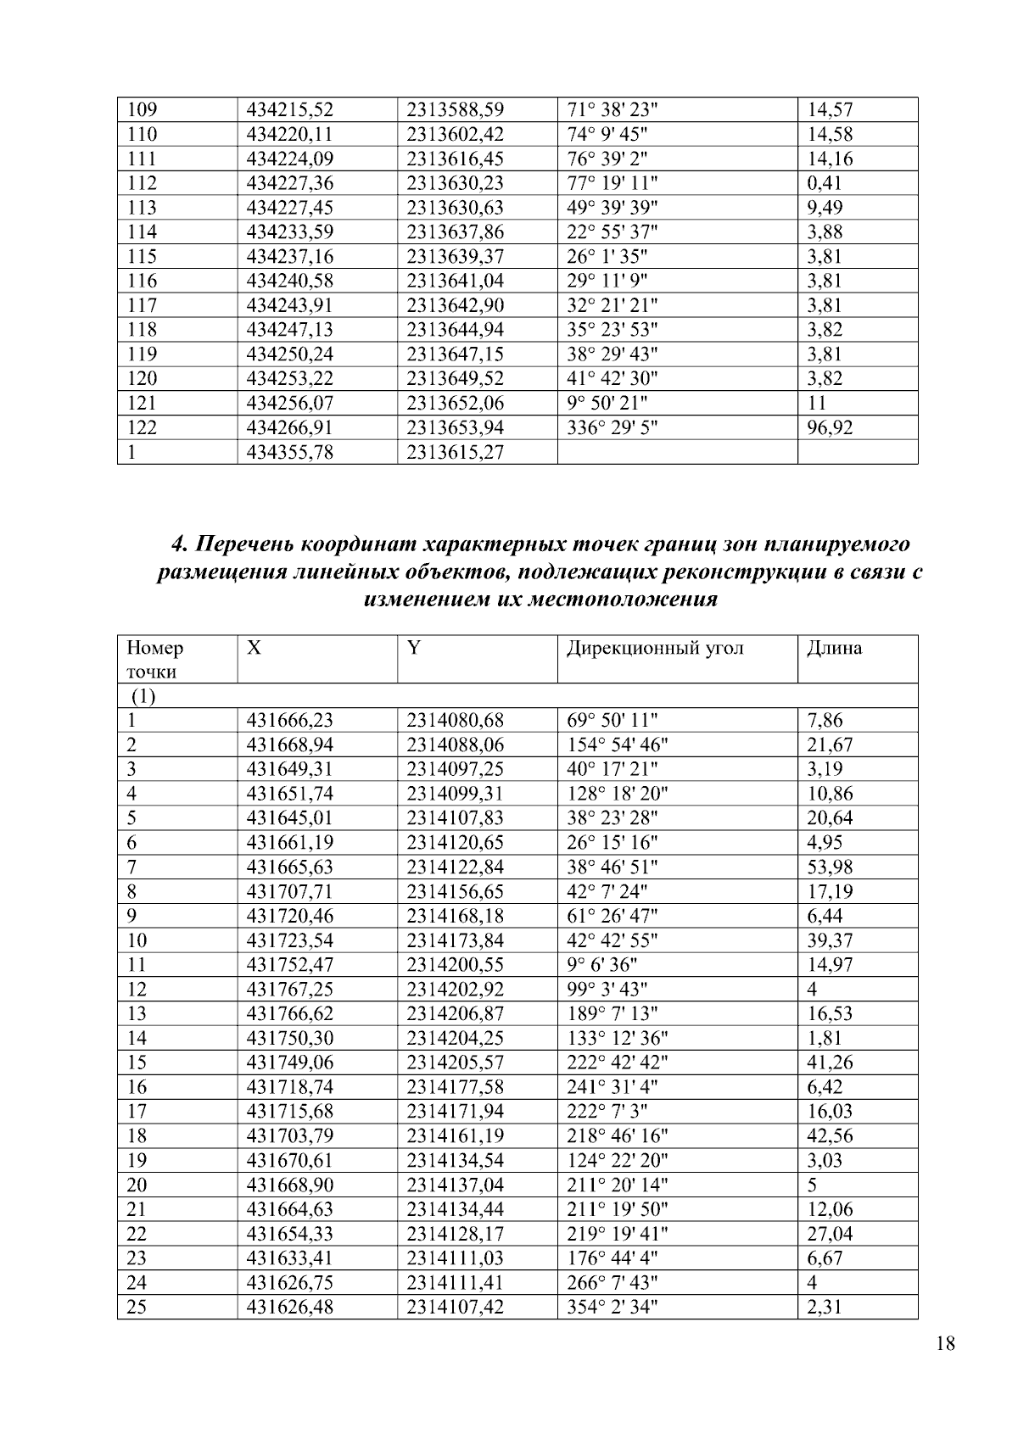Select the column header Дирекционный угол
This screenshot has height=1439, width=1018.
click(x=655, y=649)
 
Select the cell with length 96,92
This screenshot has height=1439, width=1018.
click(x=830, y=427)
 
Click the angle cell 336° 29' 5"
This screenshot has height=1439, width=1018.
click(x=611, y=427)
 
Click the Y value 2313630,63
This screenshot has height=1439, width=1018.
click(x=455, y=208)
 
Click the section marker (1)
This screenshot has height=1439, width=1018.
click(x=143, y=697)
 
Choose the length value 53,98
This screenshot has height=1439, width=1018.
click(x=830, y=867)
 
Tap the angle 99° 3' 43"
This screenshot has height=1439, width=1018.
click(x=607, y=990)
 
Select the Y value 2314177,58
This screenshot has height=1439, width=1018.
click(x=455, y=1087)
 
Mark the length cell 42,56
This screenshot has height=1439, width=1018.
click(x=830, y=1136)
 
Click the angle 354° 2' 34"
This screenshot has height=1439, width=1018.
click(x=611, y=1308)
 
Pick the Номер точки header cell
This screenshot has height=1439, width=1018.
click(x=154, y=660)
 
